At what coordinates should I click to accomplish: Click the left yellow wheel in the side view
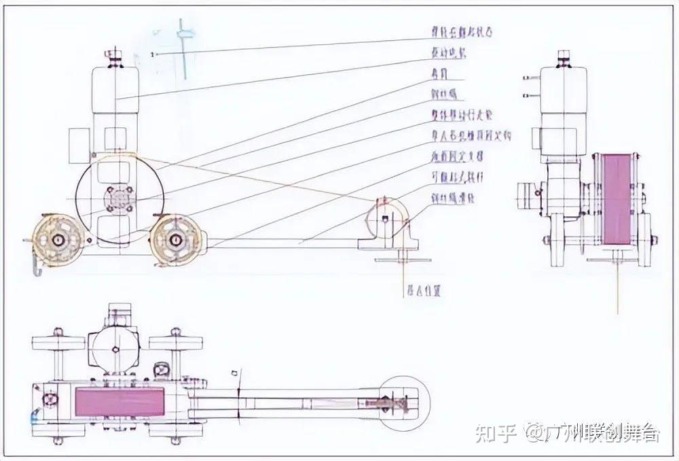click(x=58, y=240)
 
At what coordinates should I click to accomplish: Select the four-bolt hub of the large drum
click(x=120, y=199)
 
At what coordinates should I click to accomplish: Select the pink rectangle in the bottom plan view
click(x=115, y=400)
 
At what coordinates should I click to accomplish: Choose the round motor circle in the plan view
click(x=115, y=347)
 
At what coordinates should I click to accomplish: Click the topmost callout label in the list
click(x=461, y=31)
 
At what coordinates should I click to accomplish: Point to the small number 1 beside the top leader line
click(x=155, y=54)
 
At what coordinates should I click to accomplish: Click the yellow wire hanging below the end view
click(x=617, y=286)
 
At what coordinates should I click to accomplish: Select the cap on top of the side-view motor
click(x=115, y=56)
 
